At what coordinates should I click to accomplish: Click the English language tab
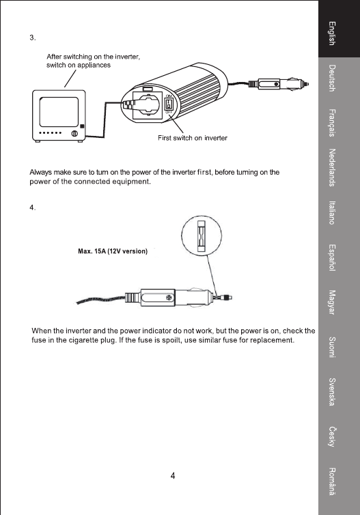(x=332, y=33)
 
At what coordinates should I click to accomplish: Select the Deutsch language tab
(x=332, y=78)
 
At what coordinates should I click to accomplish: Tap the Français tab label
(x=332, y=122)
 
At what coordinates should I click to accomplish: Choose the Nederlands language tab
(x=332, y=167)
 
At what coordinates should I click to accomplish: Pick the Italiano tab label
(x=332, y=212)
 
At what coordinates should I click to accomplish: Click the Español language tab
(x=332, y=257)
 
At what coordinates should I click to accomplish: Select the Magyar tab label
(x=332, y=302)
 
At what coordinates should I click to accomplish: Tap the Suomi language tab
(x=332, y=347)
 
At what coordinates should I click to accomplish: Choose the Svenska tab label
(x=332, y=392)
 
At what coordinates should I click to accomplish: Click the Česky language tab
(x=332, y=436)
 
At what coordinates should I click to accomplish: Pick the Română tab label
(x=332, y=481)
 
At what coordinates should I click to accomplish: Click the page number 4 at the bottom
(x=173, y=475)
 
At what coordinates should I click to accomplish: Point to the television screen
(x=59, y=112)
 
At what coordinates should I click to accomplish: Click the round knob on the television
(x=74, y=133)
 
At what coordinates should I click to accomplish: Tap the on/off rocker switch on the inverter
(x=168, y=104)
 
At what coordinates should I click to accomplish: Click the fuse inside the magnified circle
(x=201, y=236)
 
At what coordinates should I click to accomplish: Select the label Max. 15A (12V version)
(x=113, y=251)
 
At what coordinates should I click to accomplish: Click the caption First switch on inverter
(x=193, y=138)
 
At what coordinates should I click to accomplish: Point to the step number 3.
(x=33, y=38)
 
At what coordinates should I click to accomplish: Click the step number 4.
(x=33, y=208)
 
